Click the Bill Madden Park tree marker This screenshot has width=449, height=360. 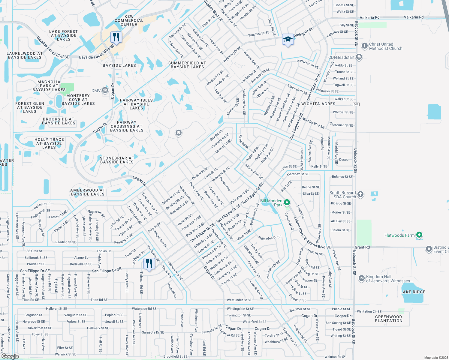pyautogui.click(x=287, y=202)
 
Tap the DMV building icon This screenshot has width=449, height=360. pyautogui.click(x=105, y=90)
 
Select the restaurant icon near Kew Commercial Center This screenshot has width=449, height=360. pyautogui.click(x=116, y=37)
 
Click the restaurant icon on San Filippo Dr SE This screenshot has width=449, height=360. pyautogui.click(x=149, y=264)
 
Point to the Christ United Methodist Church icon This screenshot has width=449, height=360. pyautogui.click(x=364, y=46)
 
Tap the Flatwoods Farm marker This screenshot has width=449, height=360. pyautogui.click(x=420, y=235)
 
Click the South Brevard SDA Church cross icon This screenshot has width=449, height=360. pyautogui.click(x=360, y=194)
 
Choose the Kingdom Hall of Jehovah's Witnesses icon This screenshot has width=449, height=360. pyautogui.click(x=361, y=278)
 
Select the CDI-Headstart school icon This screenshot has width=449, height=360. pyautogui.click(x=359, y=57)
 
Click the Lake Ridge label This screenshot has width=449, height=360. pyautogui.click(x=413, y=292)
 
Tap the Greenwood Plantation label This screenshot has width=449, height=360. pyautogui.click(x=388, y=319)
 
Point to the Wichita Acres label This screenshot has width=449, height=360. pyautogui.click(x=318, y=104)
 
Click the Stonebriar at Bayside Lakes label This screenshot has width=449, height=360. pyautogui.click(x=117, y=160)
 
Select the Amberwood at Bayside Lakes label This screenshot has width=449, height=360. pyautogui.click(x=88, y=192)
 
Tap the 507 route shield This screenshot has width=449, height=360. pyautogui.click(x=356, y=104)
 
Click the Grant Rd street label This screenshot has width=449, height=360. pyautogui.click(x=362, y=247)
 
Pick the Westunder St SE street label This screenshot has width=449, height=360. pyautogui.click(x=239, y=300)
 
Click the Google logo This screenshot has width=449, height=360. pyautogui.click(x=10, y=356)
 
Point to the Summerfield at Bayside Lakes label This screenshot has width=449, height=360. pyautogui.click(x=187, y=65)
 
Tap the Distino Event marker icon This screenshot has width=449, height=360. pyautogui.click(x=429, y=249)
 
